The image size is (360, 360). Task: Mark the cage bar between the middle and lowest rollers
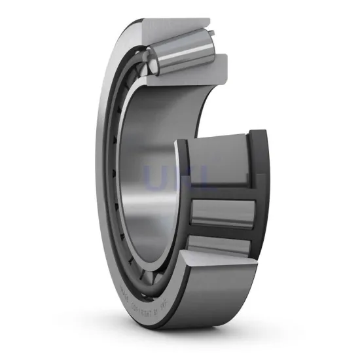(x=219, y=230)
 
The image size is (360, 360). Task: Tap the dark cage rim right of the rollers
(x=261, y=196)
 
